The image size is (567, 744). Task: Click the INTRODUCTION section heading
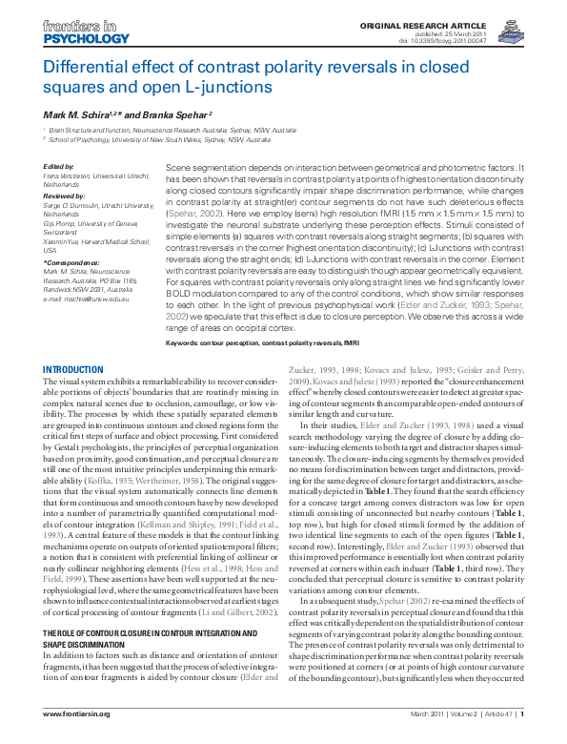78,341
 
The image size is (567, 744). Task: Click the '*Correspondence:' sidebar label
71,262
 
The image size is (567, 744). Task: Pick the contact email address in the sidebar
89,298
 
